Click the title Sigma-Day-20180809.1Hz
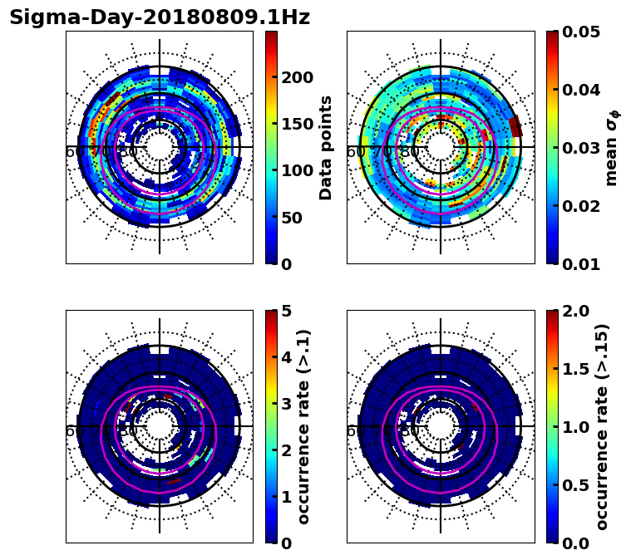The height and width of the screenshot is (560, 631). point(160,17)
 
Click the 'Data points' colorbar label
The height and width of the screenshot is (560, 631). point(326,147)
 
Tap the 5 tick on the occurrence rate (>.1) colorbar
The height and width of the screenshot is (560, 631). point(287,311)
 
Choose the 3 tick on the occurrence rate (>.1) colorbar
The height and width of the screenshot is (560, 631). point(287,404)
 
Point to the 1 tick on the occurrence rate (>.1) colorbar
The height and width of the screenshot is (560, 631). point(287,497)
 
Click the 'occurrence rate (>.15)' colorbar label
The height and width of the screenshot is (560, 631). point(602,426)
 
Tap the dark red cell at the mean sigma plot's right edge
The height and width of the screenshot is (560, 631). point(515,125)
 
